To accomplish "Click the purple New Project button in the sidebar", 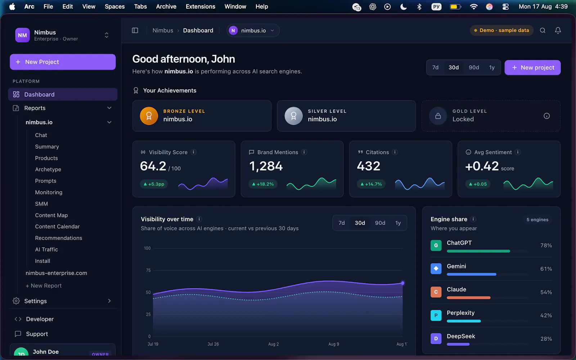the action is click(x=63, y=62).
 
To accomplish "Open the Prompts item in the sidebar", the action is click(x=45, y=181).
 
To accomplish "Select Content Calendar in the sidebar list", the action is click(x=57, y=226).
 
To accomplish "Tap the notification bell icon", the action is click(x=558, y=30).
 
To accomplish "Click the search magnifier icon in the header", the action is click(x=543, y=30).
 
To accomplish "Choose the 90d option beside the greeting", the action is click(x=474, y=67).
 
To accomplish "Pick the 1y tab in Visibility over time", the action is click(x=398, y=223).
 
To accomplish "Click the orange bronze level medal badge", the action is click(x=149, y=116).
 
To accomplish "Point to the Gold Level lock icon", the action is click(x=438, y=116).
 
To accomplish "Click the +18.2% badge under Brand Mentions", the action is click(x=263, y=184).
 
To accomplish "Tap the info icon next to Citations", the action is click(x=395, y=152).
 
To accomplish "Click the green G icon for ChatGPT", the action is click(x=436, y=245).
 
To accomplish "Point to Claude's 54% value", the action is click(x=546, y=292).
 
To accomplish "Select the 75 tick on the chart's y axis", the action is click(x=148, y=270).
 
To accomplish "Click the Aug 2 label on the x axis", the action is click(x=273, y=344).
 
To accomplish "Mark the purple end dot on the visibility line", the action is click(x=402, y=283).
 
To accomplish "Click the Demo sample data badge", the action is click(x=501, y=30).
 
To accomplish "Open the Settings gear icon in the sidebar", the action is click(x=16, y=301).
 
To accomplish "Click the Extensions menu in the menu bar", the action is click(x=200, y=6).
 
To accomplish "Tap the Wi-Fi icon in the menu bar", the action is click(x=473, y=6).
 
